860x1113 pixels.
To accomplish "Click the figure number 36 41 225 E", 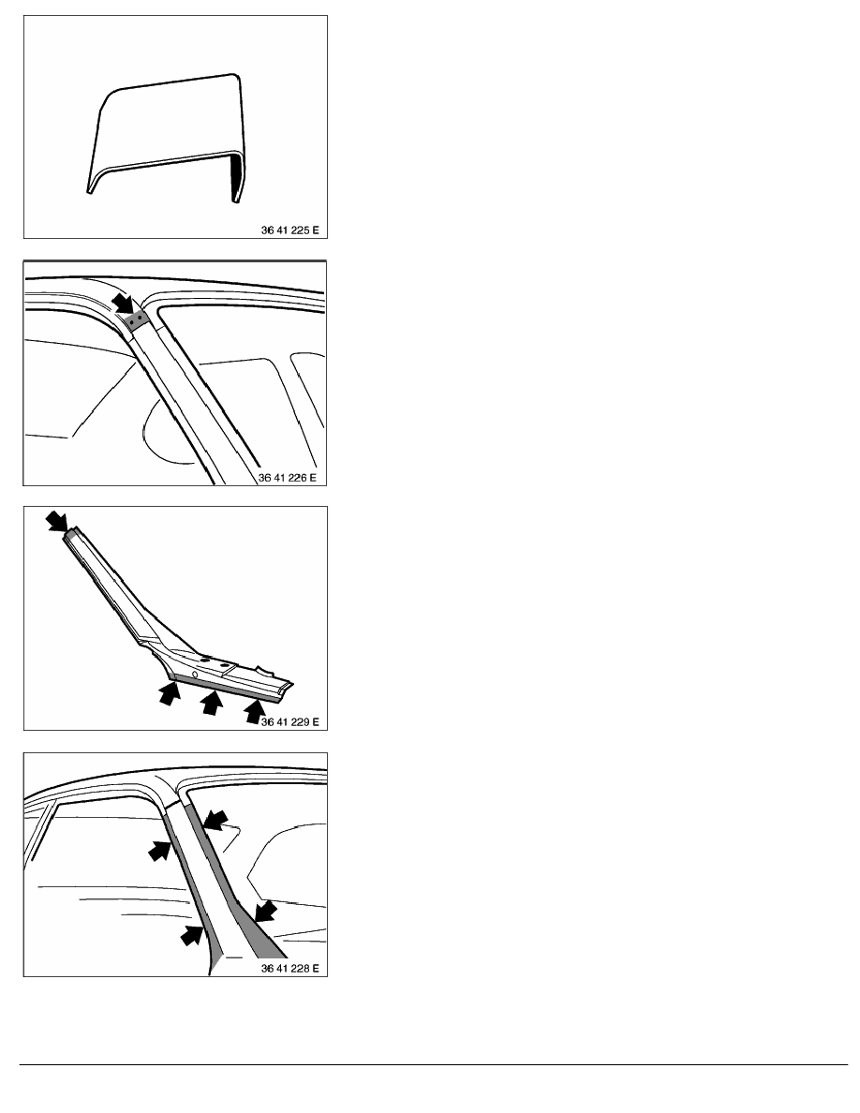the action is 289,230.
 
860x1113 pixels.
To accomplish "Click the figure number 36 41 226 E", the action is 288,478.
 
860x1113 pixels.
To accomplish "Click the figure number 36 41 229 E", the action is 289,722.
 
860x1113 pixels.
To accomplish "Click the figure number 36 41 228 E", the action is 289,968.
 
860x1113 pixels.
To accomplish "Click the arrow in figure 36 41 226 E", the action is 123,304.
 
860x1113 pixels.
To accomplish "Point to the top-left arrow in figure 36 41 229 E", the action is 57,521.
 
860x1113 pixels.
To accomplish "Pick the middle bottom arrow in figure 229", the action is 211,702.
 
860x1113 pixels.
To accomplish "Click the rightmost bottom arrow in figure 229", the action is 253,710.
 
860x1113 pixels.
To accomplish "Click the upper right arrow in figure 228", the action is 215,821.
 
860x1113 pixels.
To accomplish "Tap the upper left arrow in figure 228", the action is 159,850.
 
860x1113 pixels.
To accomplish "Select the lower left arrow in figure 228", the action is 192,935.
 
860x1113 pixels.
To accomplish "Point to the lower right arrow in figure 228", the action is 265,911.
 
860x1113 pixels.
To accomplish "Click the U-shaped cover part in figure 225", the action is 167,135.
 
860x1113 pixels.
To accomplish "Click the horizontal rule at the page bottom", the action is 434,1064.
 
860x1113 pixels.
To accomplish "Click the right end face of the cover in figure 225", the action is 235,179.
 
